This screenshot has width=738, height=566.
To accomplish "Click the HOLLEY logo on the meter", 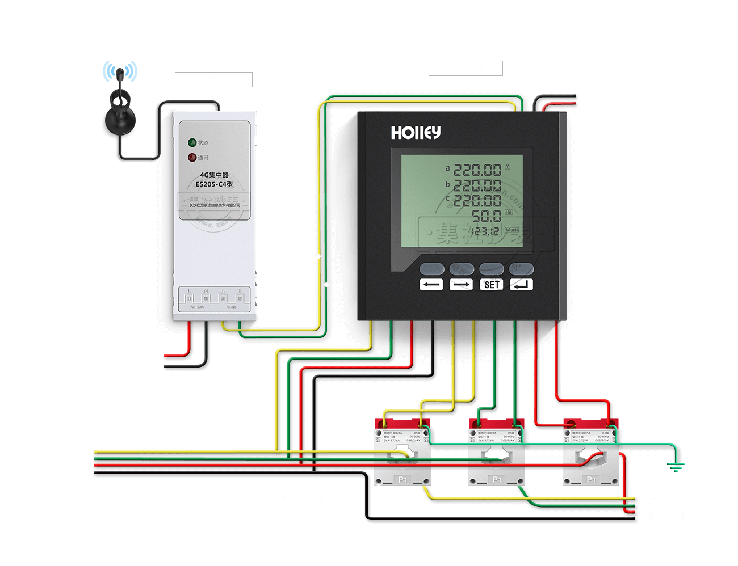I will pyautogui.click(x=416, y=133).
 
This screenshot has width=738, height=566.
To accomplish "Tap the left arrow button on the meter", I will pyautogui.click(x=431, y=285).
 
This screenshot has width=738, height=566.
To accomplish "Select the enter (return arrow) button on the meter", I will pyautogui.click(x=521, y=285).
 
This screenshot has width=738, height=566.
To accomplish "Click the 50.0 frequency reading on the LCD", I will pyautogui.click(x=487, y=216).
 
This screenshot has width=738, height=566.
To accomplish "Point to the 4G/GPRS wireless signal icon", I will pyautogui.click(x=120, y=72).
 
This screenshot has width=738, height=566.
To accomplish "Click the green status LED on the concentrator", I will pyautogui.click(x=192, y=142).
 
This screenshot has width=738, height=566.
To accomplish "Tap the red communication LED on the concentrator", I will pyautogui.click(x=192, y=158).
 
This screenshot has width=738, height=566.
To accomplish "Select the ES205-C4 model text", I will pyautogui.click(x=214, y=184).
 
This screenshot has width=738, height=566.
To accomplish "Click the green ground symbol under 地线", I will pyautogui.click(x=676, y=467).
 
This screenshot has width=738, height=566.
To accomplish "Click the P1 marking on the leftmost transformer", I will pyautogui.click(x=402, y=480).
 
